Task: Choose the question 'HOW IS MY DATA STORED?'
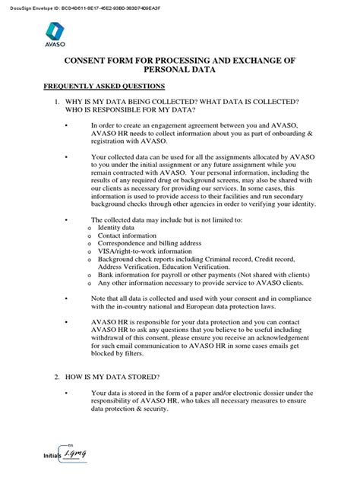click(x=113, y=377)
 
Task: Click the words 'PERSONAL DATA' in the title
click(x=178, y=71)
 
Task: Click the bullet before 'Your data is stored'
click(x=66, y=393)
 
